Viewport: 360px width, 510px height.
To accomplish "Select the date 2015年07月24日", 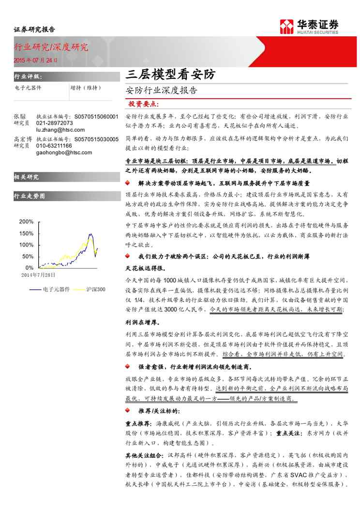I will coord(35,61).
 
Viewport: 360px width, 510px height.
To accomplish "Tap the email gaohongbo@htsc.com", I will coord(60,152).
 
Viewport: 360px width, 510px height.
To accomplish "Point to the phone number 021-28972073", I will coord(54,123).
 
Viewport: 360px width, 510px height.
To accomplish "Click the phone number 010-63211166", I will coord(54,145).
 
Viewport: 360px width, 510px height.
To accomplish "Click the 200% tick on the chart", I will coord(26,222).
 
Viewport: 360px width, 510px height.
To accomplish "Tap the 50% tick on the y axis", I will coord(28,256).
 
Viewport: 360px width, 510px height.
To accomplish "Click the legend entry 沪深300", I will coord(96,289).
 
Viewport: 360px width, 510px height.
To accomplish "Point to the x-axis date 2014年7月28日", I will coord(38,275).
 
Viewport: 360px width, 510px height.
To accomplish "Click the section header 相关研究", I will coord(27,177).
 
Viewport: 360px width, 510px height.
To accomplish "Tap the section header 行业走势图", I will coord(30,196).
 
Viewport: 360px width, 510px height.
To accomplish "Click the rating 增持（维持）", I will coord(85,88).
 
